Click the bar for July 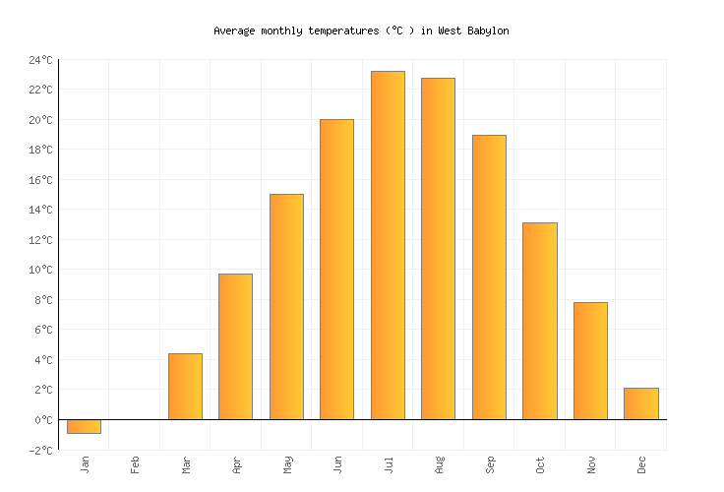click(388, 245)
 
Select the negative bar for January click(84, 426)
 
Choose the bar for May click(286, 306)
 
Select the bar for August click(438, 248)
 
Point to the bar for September click(489, 277)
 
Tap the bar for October click(539, 321)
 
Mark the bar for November click(590, 360)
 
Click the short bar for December click(640, 403)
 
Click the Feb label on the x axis click(135, 464)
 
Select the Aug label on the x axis click(439, 464)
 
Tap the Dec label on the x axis click(641, 464)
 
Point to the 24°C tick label click(40, 60)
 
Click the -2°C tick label click(40, 450)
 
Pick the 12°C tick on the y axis click(40, 240)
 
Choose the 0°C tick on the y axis click(43, 420)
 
